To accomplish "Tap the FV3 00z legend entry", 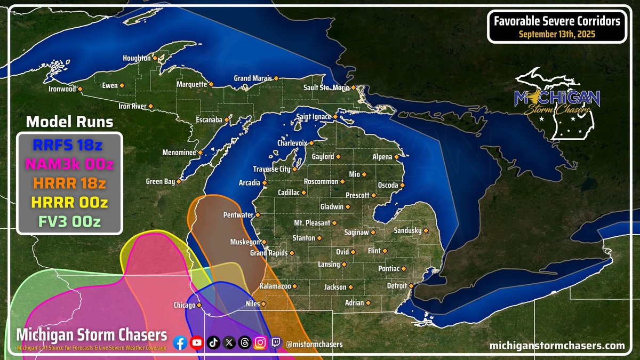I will point(69,221).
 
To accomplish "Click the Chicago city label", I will point(185,306).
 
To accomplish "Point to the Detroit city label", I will point(397,286).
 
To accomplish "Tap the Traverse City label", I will point(271,169).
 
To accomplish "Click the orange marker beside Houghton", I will point(155,58).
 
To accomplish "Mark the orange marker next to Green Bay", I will point(179,182).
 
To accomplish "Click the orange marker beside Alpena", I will point(397,157).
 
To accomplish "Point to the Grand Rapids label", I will point(269,253).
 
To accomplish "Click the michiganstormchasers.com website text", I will point(557,346).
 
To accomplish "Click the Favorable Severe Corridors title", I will point(557,21).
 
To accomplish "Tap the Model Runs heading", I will point(69,122).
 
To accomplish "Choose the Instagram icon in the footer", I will point(260,343).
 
